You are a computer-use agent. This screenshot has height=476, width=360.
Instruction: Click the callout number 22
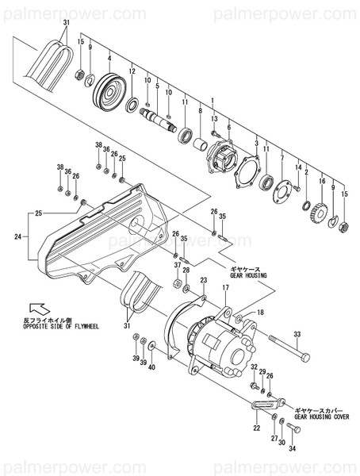(x=256, y=428)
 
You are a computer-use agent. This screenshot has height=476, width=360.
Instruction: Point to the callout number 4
(x=109, y=59)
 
